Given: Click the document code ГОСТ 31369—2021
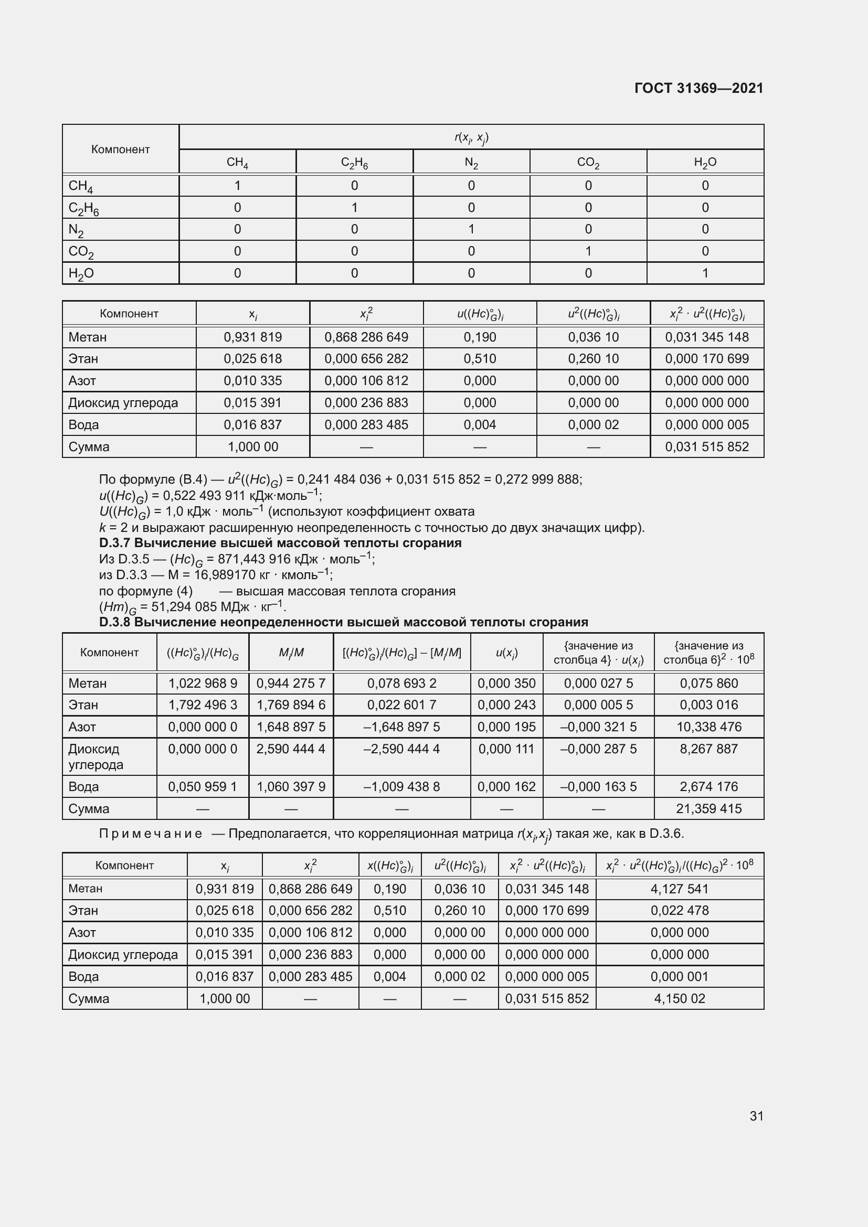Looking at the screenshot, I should click(698, 88).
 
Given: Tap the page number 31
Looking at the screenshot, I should click(756, 1116).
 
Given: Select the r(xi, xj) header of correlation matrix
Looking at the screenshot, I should click(471, 137).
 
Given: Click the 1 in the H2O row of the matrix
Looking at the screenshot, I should click(705, 273).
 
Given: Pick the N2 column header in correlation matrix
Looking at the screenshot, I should click(471, 162).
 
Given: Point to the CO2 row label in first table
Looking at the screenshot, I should click(81, 251).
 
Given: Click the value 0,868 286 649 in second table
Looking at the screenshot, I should click(366, 337).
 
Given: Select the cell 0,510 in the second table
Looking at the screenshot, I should click(480, 359).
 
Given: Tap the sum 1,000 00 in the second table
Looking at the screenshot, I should click(253, 447).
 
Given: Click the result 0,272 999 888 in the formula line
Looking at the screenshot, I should click(538, 479).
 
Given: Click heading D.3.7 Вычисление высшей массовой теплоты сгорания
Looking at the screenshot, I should click(280, 543).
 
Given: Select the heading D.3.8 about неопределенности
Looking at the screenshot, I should click(343, 622).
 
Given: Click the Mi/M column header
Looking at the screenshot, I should click(291, 653).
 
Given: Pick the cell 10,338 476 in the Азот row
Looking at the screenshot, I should click(708, 727).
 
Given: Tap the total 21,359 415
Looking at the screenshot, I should click(708, 808).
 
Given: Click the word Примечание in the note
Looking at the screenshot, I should click(150, 834).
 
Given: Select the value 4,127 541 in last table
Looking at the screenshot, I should click(679, 889).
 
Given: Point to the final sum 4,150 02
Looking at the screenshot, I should click(679, 998).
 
